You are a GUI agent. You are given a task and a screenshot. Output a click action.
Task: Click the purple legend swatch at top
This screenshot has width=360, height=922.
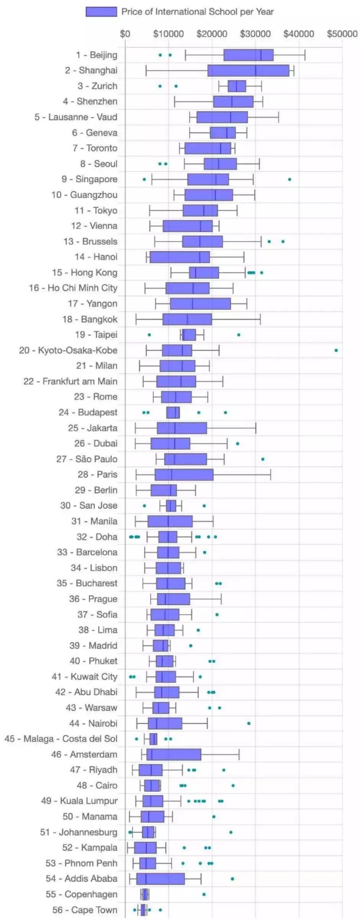pos(101,12)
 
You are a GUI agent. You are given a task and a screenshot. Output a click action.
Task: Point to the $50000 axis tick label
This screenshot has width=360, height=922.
pos(342,34)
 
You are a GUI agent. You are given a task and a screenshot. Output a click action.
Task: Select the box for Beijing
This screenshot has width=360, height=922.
pos(248,55)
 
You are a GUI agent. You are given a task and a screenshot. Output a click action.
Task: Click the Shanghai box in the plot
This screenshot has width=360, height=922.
pos(248,70)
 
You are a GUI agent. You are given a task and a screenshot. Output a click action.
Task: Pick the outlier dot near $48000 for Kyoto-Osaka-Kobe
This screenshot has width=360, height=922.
pos(336,350)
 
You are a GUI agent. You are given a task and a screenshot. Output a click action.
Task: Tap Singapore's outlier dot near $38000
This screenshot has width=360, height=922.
pos(290,179)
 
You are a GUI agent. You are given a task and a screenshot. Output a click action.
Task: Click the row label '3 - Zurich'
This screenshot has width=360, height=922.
pos(97,86)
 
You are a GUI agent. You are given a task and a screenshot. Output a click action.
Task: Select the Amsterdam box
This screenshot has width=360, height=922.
pos(173,754)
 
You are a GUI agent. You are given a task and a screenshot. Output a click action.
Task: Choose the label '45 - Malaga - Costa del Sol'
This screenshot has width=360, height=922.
pos(61,739)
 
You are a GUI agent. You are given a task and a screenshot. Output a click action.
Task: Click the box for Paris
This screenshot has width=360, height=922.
pos(184,475)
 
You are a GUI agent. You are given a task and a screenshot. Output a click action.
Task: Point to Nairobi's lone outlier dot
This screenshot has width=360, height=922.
pos(249,723)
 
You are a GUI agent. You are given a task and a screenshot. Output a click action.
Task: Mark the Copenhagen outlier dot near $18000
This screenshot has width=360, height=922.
pos(204,894)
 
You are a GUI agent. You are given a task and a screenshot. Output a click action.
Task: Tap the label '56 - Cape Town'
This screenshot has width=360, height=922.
pos(85,910)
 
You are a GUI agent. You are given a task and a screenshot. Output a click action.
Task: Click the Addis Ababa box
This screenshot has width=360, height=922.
pos(160,879)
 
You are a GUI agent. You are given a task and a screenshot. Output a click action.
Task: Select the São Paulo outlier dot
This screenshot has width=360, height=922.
pos(263,459)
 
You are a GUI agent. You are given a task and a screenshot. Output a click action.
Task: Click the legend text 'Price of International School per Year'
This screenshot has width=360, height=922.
pos(197,12)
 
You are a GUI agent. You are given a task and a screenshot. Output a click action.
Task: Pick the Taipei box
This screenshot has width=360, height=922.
pos(189,335)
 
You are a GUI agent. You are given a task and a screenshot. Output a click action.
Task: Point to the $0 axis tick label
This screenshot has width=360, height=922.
pos(125,34)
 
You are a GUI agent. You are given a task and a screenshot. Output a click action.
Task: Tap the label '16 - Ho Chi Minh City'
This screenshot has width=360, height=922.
pos(73,288)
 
